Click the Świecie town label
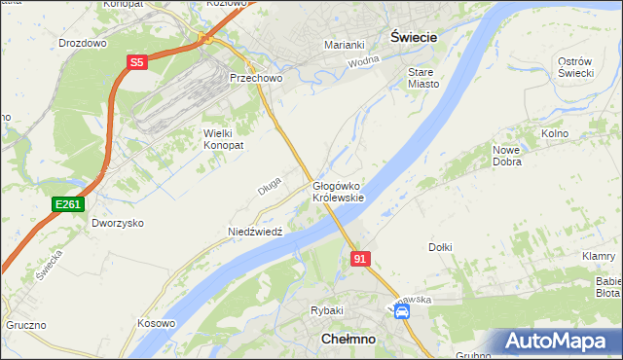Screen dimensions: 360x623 click(413, 35)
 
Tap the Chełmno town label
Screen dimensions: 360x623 click(347, 339)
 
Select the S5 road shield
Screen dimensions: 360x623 click(136, 62)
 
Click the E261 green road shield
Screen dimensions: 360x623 click(68, 204)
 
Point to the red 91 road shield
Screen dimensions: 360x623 click(360, 259)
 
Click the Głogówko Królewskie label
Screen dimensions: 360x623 click(338, 191)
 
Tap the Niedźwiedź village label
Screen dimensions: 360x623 click(254, 232)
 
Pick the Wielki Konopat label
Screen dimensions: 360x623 click(222, 138)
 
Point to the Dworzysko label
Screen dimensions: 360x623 click(118, 223)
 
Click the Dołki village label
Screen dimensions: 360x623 click(440, 247)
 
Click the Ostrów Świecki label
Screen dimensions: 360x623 click(575, 67)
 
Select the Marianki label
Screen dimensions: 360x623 click(344, 45)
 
